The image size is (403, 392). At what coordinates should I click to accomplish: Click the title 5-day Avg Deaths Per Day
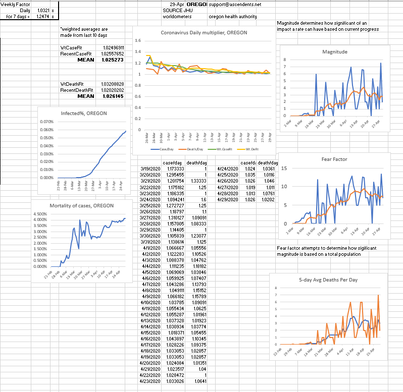point(329,279)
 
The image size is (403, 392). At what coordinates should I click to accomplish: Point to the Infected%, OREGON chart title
point(83,114)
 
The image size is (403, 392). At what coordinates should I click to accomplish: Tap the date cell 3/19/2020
point(152,169)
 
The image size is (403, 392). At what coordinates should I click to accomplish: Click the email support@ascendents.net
point(235,4)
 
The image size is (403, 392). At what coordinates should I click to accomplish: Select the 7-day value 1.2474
point(42,16)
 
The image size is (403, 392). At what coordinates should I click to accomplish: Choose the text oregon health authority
point(232,16)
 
